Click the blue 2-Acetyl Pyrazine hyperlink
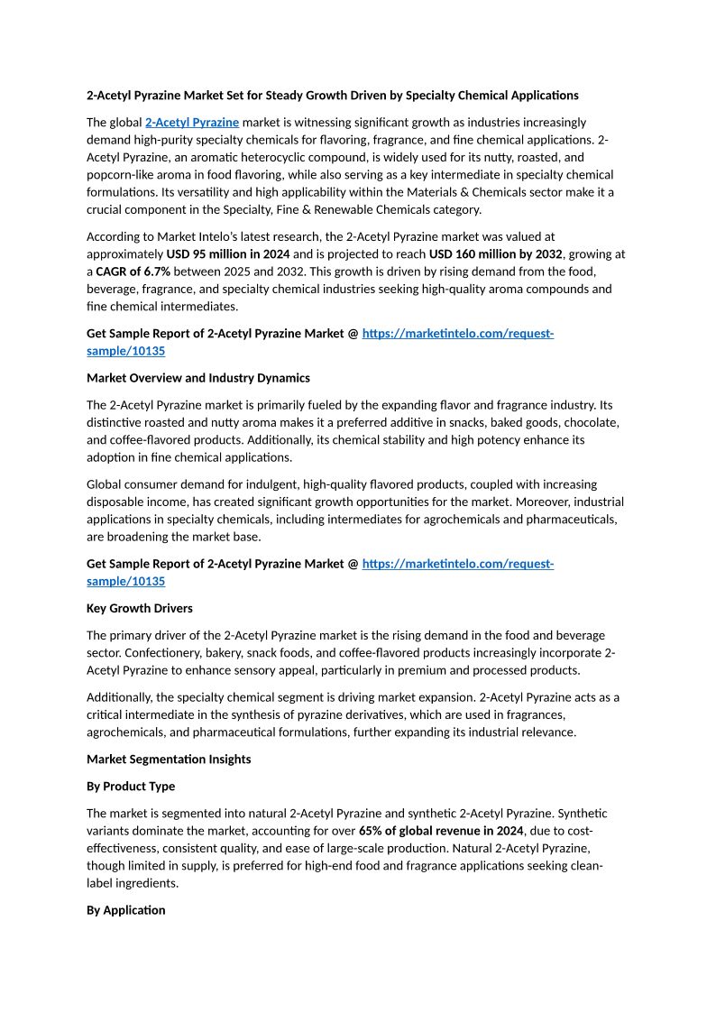[192, 122]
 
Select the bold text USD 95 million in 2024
[228, 253]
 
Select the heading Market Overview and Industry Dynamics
[198, 378]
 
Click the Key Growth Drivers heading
[140, 608]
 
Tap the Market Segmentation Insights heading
[169, 759]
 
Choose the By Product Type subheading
[131, 786]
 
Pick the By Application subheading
[126, 910]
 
